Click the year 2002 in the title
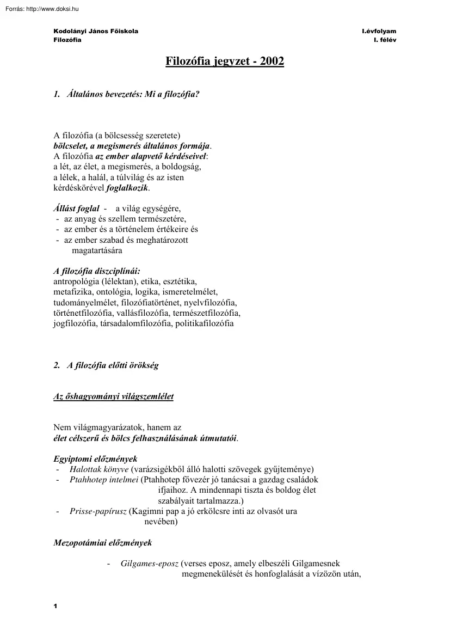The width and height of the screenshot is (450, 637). click(x=272, y=61)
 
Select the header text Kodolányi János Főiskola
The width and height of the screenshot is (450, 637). click(x=96, y=31)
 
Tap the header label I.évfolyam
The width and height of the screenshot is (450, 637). click(x=379, y=31)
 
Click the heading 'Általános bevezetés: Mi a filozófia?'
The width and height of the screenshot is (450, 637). click(x=133, y=94)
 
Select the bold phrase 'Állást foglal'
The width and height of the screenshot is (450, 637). click(x=76, y=209)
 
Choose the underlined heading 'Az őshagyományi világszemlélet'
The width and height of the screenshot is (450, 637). click(x=113, y=396)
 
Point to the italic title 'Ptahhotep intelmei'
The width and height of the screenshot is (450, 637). click(x=104, y=480)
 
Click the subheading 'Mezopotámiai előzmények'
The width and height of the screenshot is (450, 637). click(x=103, y=543)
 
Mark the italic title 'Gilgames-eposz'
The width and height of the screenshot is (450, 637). click(x=150, y=563)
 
